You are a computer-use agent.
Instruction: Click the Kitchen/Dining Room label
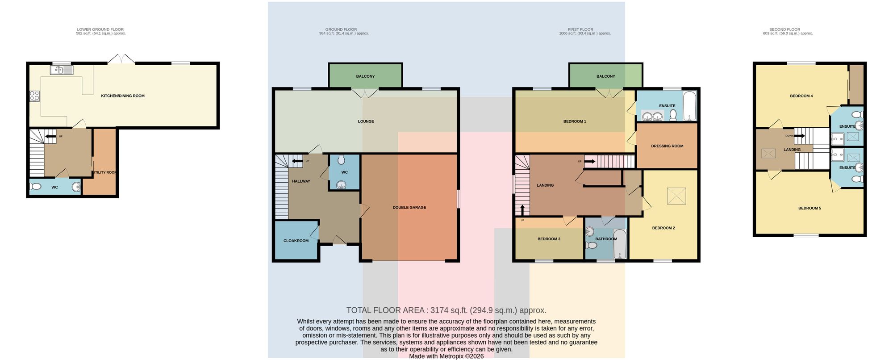click(x=123, y=96)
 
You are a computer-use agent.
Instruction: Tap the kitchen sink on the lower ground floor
click(x=62, y=70)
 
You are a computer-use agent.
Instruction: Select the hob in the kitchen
click(x=34, y=96)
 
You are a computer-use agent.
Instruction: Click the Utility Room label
click(x=105, y=172)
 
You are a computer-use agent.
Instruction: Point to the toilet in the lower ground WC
click(x=35, y=186)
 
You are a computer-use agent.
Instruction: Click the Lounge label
click(x=366, y=121)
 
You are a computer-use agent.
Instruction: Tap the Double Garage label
click(x=409, y=208)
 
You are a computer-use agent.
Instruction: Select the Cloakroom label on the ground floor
click(x=296, y=241)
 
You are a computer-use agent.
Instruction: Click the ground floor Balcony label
click(x=365, y=76)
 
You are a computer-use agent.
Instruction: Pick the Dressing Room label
click(x=667, y=146)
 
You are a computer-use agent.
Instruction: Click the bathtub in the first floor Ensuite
click(x=690, y=106)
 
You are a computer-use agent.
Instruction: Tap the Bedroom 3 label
click(x=549, y=239)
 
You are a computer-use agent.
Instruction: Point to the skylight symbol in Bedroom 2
click(x=676, y=196)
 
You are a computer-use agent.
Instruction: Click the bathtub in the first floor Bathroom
click(x=620, y=244)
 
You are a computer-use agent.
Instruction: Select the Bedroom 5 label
click(x=810, y=208)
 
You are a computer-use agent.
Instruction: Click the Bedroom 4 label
click(x=801, y=96)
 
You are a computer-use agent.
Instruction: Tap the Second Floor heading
click(x=785, y=29)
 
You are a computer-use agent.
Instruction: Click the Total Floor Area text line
click(x=446, y=310)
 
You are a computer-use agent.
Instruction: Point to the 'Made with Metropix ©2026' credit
click(x=446, y=356)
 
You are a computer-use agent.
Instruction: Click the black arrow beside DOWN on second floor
click(x=799, y=136)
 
